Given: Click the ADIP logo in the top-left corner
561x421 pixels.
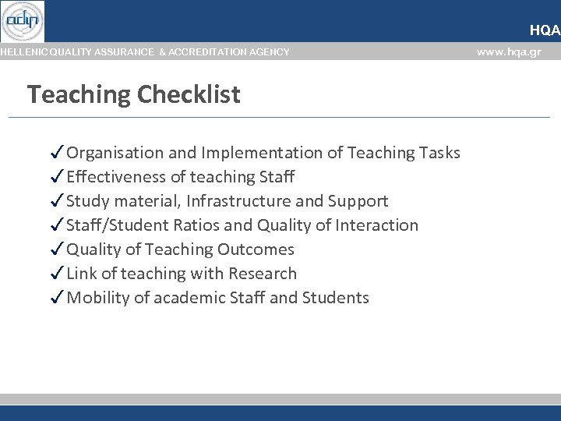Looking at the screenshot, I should pyautogui.click(x=23, y=21).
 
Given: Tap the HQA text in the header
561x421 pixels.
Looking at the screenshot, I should pyautogui.click(x=545, y=30).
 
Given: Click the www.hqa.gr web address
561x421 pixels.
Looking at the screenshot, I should pyautogui.click(x=508, y=52).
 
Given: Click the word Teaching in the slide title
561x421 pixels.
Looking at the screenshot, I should pyautogui.click(x=79, y=95).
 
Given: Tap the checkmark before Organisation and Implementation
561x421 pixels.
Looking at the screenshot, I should pyautogui.click(x=56, y=153).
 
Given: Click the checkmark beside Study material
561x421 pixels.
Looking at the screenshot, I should pyautogui.click(x=56, y=201).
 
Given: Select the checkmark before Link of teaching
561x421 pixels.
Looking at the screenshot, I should pyautogui.click(x=56, y=274).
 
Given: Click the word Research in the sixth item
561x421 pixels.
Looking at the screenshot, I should pyautogui.click(x=262, y=274).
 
